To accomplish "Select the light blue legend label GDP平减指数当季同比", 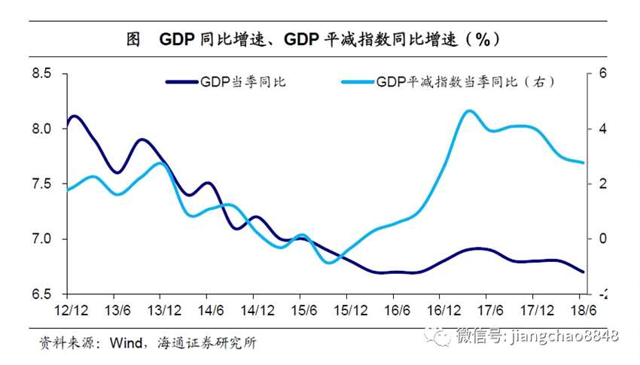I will (466, 81).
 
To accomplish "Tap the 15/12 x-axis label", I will (346, 309).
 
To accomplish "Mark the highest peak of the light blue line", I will (469, 111).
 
